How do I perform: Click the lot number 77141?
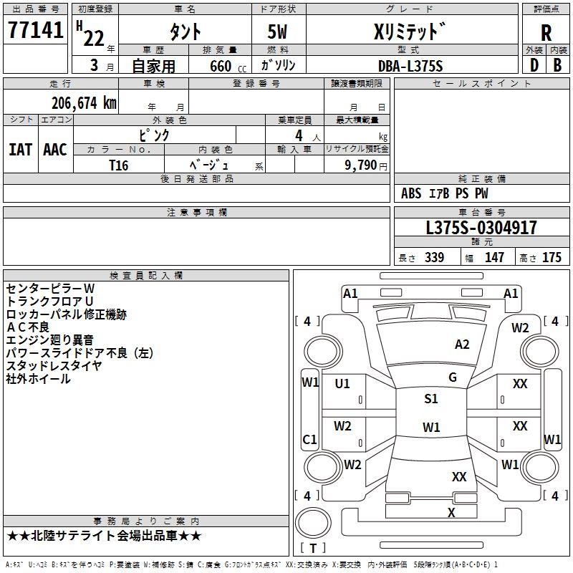[x=36, y=31]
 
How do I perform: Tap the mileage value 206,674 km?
[x=84, y=102]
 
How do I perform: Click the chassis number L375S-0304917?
[x=481, y=228]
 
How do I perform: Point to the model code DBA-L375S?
[x=410, y=66]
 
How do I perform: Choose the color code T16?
[x=119, y=165]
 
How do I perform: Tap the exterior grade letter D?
[x=534, y=65]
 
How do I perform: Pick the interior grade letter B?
[x=558, y=65]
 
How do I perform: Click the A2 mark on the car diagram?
[x=462, y=345]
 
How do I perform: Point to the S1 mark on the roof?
[x=430, y=399]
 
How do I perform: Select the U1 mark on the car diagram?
[x=342, y=384]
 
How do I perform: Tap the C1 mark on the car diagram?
[x=309, y=439]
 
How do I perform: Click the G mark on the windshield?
[x=452, y=377]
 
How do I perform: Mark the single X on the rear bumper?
[x=451, y=512]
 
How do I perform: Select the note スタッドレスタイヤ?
[x=54, y=366]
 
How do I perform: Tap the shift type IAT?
[x=20, y=150]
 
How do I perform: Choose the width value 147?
[x=494, y=257]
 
